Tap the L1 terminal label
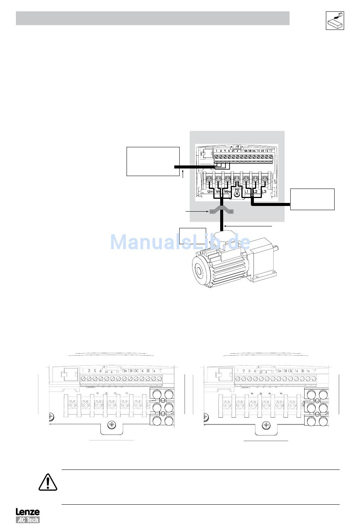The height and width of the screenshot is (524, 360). click(x=247, y=192)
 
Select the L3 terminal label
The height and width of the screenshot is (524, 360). click(x=265, y=192)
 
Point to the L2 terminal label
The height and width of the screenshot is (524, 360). click(x=255, y=192)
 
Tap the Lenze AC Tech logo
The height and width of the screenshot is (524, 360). click(x=27, y=515)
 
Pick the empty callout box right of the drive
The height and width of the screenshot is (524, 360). click(x=312, y=199)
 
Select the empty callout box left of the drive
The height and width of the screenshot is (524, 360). click(x=153, y=161)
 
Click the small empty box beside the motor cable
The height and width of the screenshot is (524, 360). click(x=193, y=237)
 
